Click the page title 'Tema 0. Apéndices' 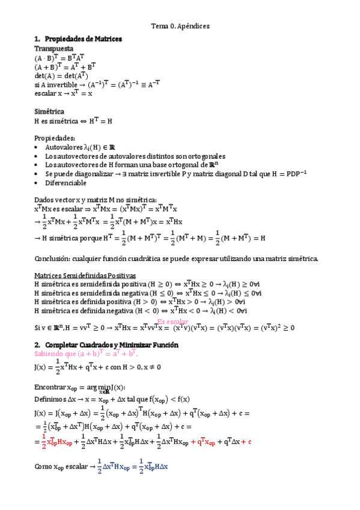coord(180,26)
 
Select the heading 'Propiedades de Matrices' coord(84,39)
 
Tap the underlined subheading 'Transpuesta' coord(54,48)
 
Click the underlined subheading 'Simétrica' coord(49,111)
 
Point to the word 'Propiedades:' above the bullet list coord(55,137)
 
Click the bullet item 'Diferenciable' coord(66,183)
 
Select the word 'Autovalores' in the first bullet coord(63,147)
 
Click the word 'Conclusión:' coord(53,259)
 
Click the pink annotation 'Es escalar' coord(172,322)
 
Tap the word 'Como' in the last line coord(43,467)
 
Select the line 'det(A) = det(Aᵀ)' coord(61,76)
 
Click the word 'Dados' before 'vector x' coord(44,200)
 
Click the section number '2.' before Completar coord(37,345)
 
